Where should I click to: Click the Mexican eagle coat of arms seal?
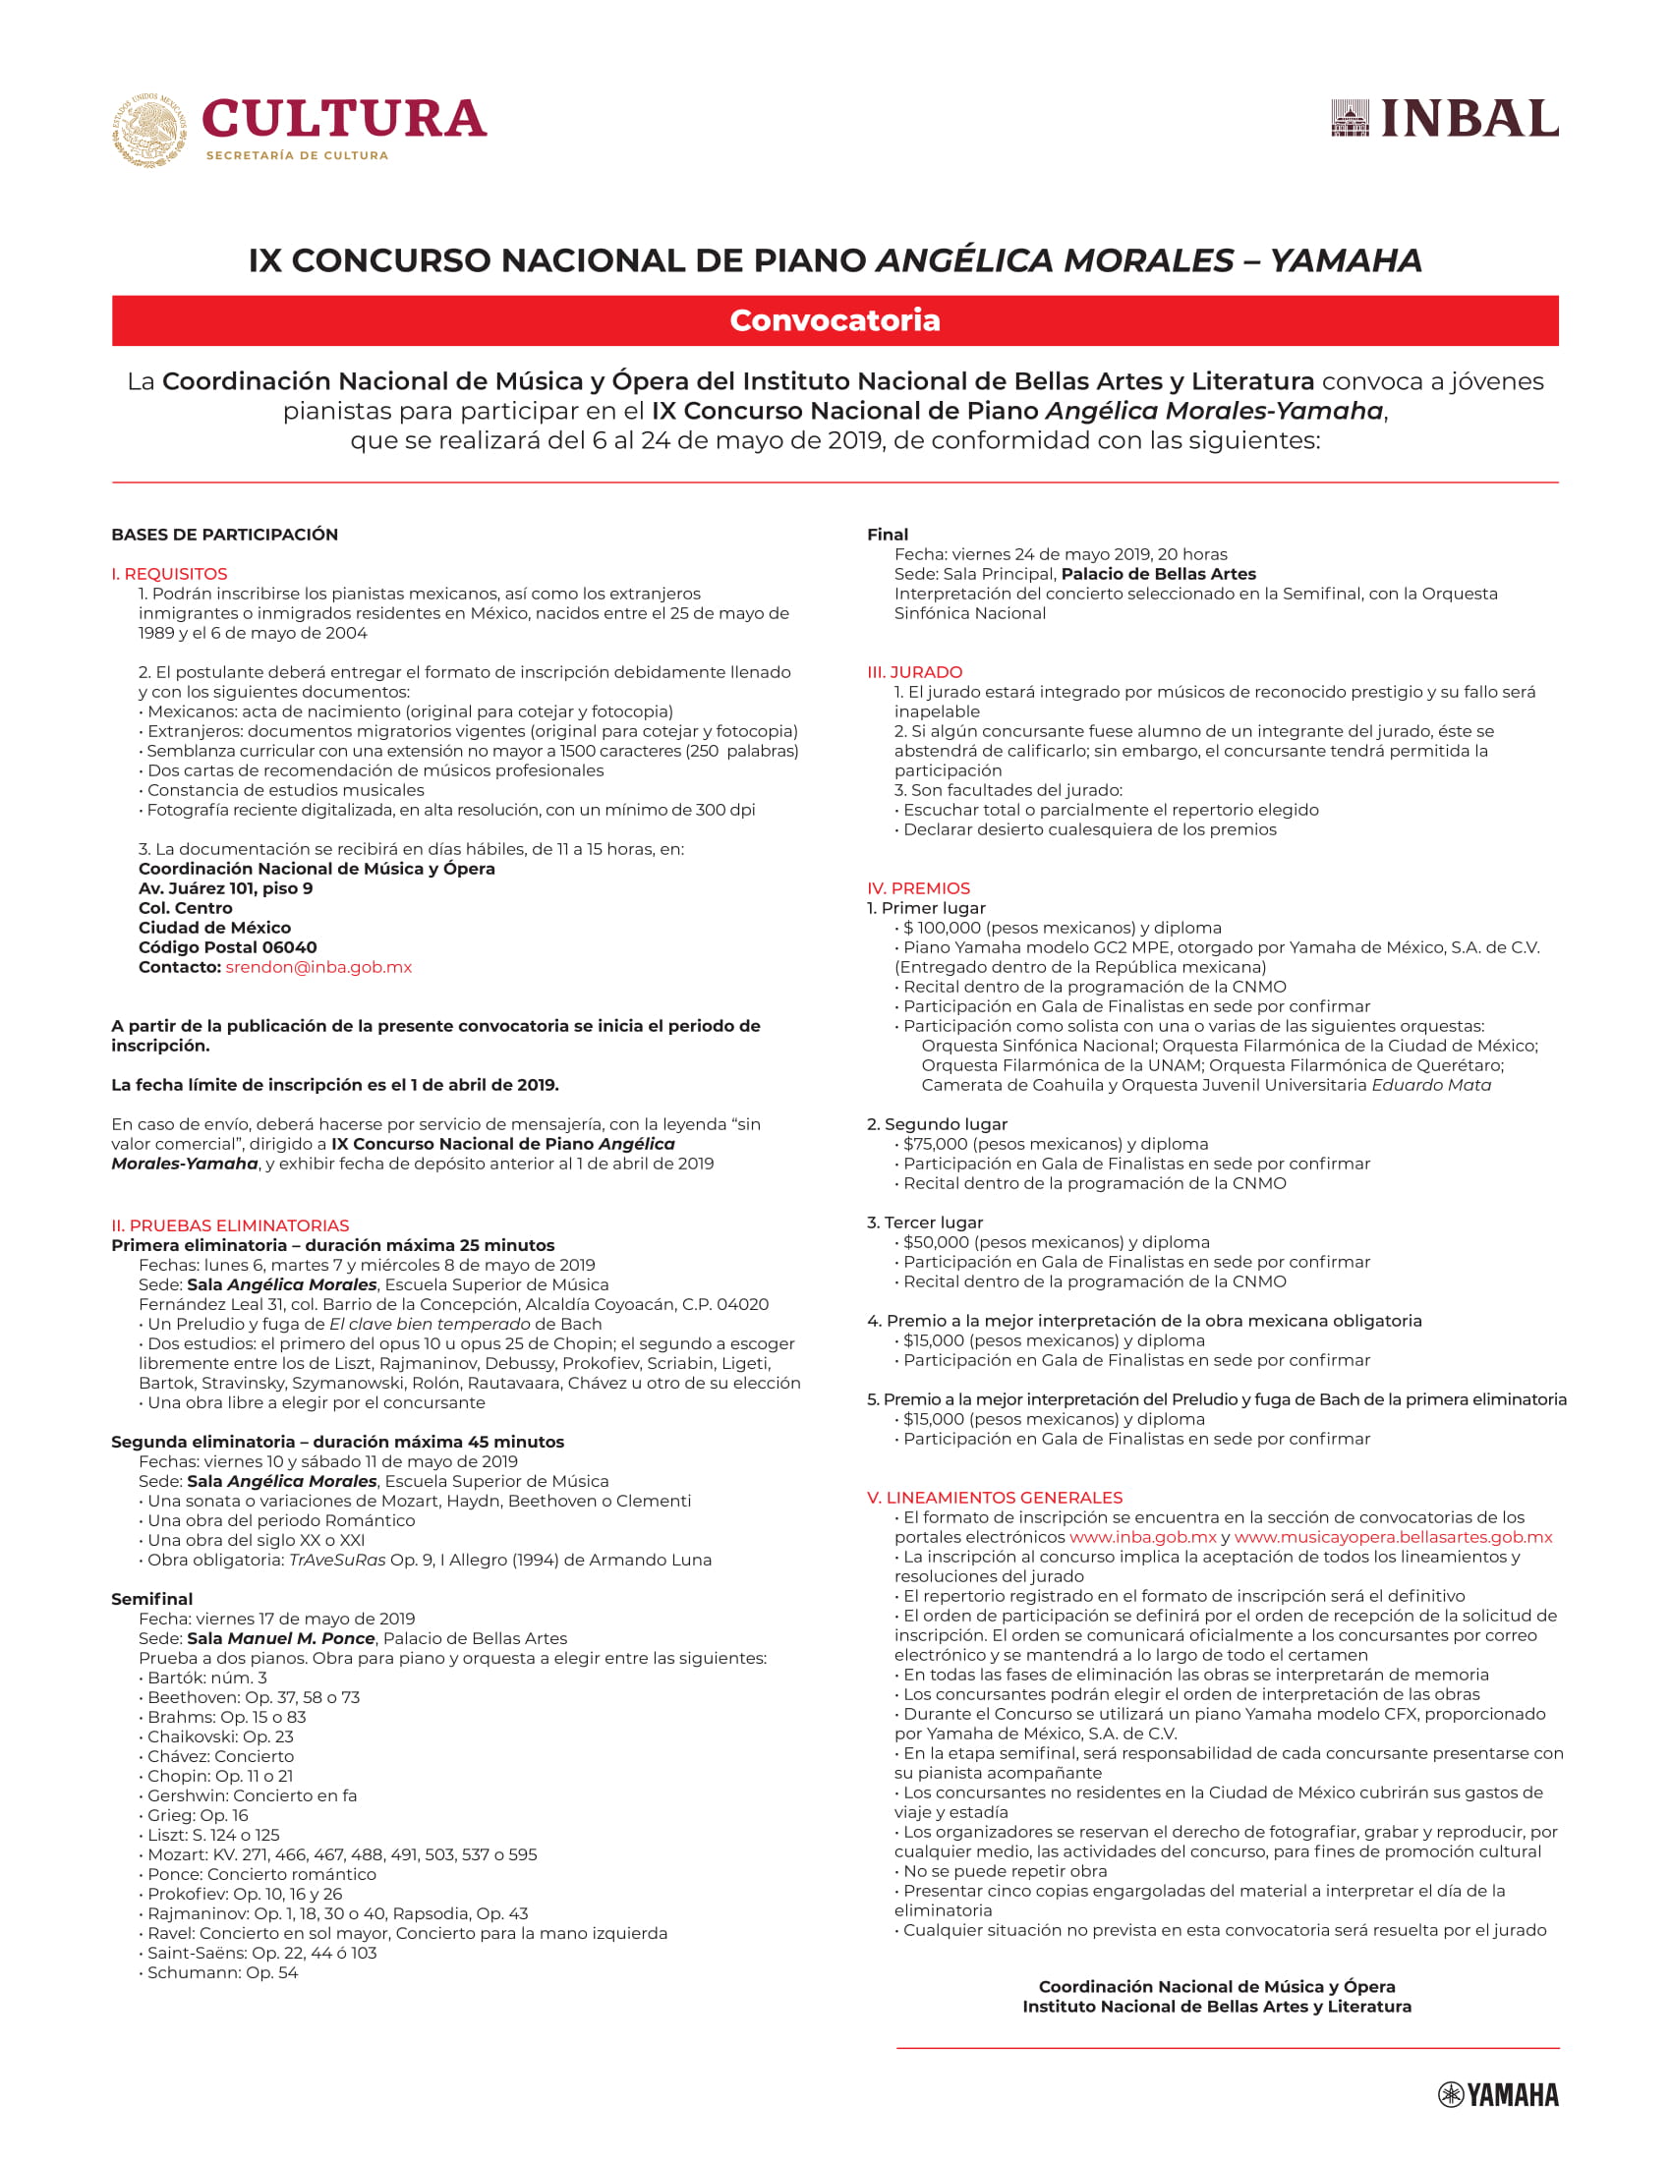[x=148, y=130]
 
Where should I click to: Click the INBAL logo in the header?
[x=1444, y=119]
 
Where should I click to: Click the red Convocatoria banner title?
[x=835, y=320]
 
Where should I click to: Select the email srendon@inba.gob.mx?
[x=317, y=967]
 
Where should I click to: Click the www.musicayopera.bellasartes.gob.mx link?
[x=1393, y=1537]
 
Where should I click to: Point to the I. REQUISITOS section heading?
[x=169, y=574]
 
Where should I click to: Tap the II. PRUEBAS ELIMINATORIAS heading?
[x=230, y=1225]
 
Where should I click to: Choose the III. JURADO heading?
[x=914, y=672]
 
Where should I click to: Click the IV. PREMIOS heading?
[x=918, y=888]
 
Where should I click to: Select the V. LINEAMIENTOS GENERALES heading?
[x=994, y=1498]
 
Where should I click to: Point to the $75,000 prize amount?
[x=936, y=1144]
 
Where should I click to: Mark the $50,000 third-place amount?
[x=936, y=1242]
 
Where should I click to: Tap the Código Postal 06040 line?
[x=228, y=947]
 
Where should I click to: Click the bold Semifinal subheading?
[x=152, y=1599]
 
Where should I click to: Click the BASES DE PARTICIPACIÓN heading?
[x=225, y=535]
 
